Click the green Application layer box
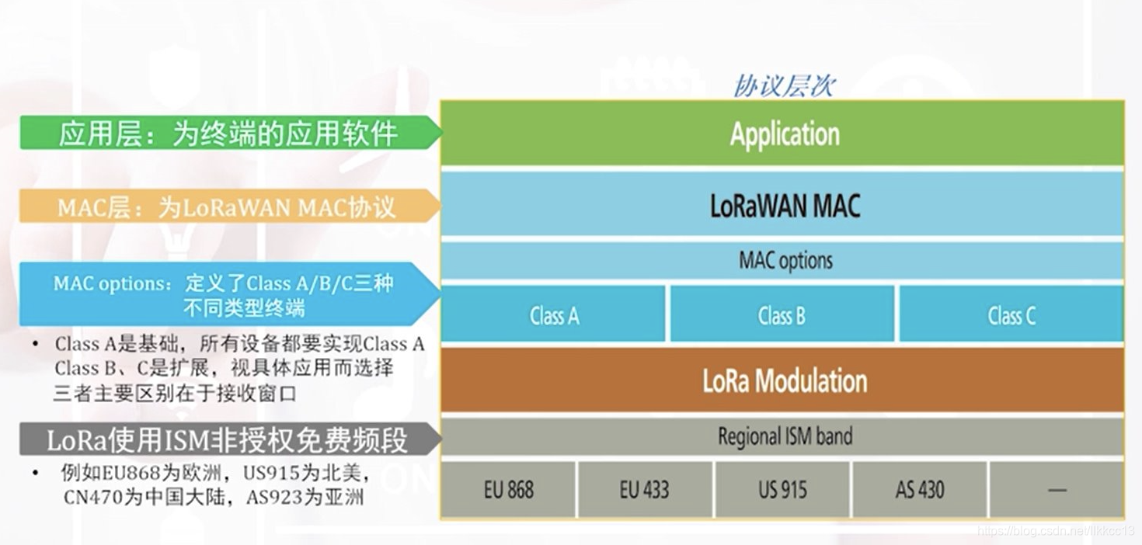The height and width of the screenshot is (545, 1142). (x=782, y=134)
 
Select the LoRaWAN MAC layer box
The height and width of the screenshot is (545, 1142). (x=782, y=205)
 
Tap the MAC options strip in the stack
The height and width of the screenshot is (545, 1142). (x=782, y=260)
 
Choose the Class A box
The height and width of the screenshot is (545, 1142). (x=553, y=315)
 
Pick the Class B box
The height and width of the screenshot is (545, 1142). (x=781, y=315)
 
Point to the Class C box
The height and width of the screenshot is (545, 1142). (x=1011, y=315)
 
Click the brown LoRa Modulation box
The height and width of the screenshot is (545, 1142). (x=782, y=380)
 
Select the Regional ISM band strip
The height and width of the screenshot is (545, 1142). (x=782, y=436)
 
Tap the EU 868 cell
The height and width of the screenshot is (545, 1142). (x=508, y=490)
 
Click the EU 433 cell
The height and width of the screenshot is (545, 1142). (x=645, y=490)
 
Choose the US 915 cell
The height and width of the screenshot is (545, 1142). (x=782, y=490)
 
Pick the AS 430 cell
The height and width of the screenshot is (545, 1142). (x=919, y=490)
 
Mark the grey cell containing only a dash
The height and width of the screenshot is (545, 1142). (x=1057, y=490)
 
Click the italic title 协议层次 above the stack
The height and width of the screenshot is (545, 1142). (x=783, y=85)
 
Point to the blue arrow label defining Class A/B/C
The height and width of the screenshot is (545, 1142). (x=225, y=295)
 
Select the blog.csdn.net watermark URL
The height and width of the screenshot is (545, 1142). (x=1057, y=530)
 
